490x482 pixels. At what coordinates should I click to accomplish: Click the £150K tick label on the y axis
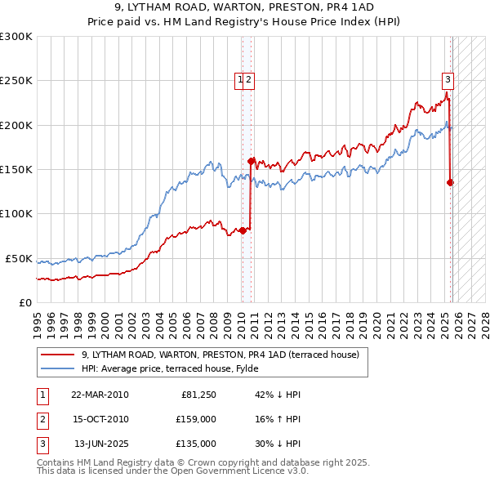coord(16,169)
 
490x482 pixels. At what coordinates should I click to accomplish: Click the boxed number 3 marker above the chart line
coord(448,79)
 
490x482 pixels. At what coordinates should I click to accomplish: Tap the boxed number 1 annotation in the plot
coord(241,79)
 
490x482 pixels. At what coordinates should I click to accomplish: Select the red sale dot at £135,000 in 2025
coord(451,183)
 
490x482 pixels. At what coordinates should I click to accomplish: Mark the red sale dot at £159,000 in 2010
coord(251,161)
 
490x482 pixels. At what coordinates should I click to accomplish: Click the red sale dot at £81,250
coord(243,230)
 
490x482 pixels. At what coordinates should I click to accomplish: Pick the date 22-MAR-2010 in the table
coord(100,395)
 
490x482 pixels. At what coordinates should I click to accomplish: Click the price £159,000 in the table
coord(196,419)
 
